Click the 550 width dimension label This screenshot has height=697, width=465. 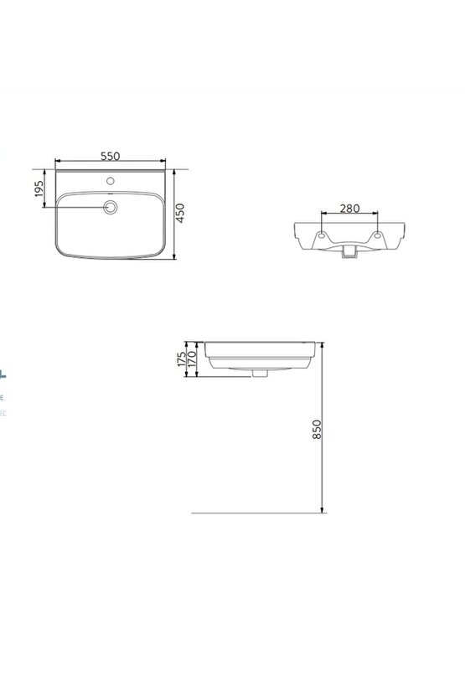click(x=111, y=156)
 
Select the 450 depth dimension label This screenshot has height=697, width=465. click(x=180, y=213)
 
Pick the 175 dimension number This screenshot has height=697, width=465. click(x=182, y=360)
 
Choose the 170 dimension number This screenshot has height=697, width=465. click(x=191, y=361)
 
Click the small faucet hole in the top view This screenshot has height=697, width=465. click(x=110, y=180)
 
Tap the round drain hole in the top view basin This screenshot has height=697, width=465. click(x=110, y=208)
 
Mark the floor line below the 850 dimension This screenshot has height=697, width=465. click(x=251, y=512)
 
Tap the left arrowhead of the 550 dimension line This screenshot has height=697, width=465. click(x=58, y=163)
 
